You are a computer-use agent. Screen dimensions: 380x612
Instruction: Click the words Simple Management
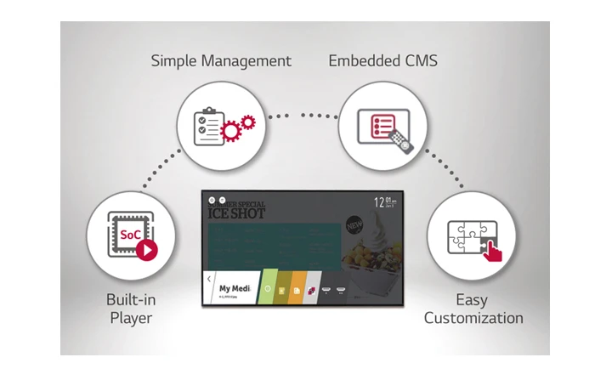[x=221, y=61]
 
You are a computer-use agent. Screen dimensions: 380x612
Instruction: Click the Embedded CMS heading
[x=382, y=61]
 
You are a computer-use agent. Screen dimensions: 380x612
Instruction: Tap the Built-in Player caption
[x=130, y=309]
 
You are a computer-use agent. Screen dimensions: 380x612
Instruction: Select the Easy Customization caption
[x=473, y=309]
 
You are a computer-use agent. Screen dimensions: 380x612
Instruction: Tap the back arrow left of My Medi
[x=208, y=280]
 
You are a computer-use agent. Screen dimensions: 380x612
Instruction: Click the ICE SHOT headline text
[x=237, y=213]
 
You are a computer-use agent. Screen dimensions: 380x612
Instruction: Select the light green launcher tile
[x=268, y=289]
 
